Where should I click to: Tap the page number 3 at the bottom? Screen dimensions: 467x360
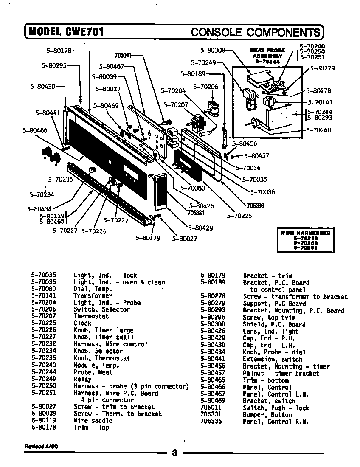point(174,452)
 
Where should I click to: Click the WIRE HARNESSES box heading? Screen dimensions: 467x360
point(305,233)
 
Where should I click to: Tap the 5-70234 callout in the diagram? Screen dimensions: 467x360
point(42,195)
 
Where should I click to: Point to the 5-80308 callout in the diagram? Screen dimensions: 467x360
point(212,50)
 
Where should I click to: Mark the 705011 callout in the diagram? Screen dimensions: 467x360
point(123,55)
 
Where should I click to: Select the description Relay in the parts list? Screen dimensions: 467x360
point(82,379)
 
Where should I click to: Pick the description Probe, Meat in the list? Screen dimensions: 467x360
point(93,372)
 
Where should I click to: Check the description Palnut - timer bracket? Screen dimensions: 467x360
point(281,373)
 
